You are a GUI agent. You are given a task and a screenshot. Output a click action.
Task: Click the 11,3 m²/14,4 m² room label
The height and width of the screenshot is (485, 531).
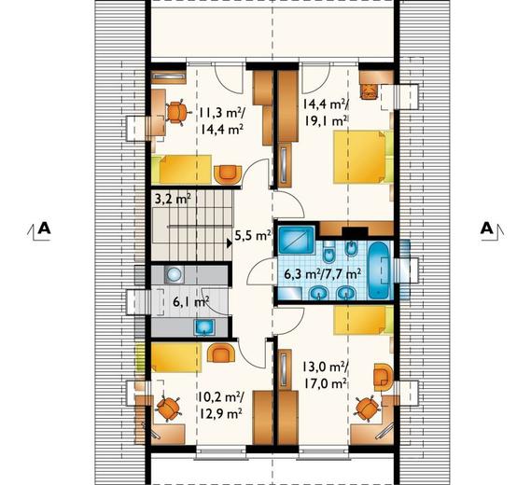(221, 121)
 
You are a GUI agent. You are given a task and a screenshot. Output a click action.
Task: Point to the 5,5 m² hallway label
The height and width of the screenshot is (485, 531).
(253, 236)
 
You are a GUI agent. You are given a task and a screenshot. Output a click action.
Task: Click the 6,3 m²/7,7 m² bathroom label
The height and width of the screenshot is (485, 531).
(322, 274)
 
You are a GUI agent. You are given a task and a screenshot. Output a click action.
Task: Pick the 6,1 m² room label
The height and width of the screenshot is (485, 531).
(190, 301)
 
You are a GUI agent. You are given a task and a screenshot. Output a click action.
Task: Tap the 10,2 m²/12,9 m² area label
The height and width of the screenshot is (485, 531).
(220, 405)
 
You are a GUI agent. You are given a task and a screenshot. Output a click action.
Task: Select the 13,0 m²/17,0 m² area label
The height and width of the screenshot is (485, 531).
(325, 375)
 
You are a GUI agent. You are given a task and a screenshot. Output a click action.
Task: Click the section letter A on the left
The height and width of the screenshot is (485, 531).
(45, 229)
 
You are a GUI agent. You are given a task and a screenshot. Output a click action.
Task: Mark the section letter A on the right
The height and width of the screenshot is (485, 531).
(487, 229)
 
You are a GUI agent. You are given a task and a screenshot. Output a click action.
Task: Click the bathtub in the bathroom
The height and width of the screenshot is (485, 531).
(379, 270)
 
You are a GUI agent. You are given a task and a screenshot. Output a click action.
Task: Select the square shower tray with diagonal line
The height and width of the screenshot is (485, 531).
(297, 240)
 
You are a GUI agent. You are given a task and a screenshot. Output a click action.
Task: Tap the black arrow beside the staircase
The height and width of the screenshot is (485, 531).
(230, 242)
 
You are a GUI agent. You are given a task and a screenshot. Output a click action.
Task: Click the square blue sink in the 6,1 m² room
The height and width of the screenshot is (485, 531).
(204, 327)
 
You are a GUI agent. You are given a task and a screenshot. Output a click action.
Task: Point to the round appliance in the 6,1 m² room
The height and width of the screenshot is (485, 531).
(175, 274)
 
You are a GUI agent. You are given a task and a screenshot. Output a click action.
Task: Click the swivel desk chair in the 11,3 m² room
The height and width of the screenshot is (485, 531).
(176, 112)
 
